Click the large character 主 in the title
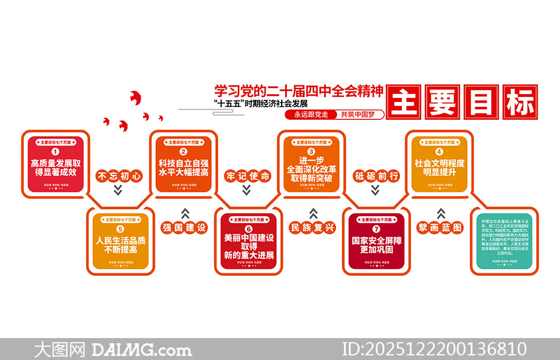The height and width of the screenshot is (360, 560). click(x=405, y=103)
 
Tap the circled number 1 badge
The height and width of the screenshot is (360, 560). click(x=56, y=152)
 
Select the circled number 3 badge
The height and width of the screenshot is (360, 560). click(x=311, y=152)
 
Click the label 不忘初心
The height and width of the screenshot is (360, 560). click(x=118, y=176)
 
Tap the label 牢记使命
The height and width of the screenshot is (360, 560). click(x=248, y=176)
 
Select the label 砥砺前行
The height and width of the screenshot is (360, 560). click(x=376, y=176)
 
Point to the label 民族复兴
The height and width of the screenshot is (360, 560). click(x=312, y=227)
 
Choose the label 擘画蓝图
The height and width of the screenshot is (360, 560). click(x=441, y=227)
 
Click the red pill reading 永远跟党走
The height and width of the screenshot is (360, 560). click(x=311, y=115)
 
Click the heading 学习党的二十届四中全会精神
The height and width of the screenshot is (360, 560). click(x=298, y=91)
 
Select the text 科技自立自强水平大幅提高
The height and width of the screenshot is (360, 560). click(x=184, y=167)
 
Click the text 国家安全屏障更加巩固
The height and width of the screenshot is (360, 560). click(x=376, y=245)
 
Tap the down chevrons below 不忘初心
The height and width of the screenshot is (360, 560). click(x=118, y=190)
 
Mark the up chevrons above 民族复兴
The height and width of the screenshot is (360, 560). click(x=313, y=213)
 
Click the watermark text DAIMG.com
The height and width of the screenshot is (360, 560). click(x=141, y=350)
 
